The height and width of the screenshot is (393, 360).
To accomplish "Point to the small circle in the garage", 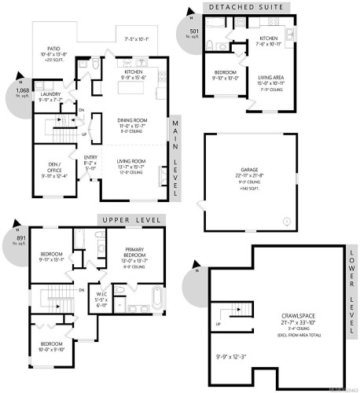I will point(286,222).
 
